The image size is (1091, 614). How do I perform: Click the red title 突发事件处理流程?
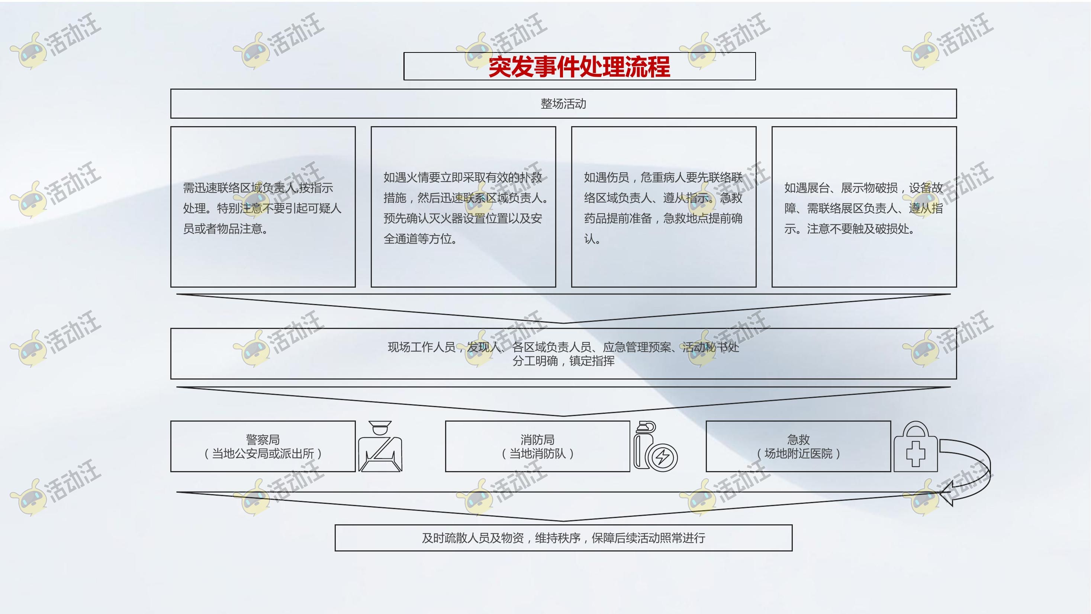click(x=579, y=67)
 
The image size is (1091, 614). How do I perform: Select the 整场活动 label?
click(x=563, y=104)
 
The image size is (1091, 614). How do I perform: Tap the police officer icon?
click(x=380, y=446)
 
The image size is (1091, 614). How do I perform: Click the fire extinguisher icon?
click(x=656, y=446)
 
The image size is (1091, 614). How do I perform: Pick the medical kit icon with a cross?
click(x=915, y=446)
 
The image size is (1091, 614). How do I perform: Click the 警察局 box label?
click(x=263, y=439)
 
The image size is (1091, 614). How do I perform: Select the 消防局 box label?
click(x=537, y=439)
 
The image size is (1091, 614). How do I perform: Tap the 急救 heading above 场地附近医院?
click(x=798, y=439)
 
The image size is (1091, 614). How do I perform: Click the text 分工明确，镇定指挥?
click(x=563, y=361)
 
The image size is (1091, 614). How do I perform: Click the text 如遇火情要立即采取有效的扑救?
click(x=463, y=178)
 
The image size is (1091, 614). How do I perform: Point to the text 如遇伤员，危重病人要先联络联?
click(x=663, y=178)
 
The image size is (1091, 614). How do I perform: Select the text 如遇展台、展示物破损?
click(x=841, y=188)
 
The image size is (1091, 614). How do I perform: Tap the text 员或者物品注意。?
click(x=225, y=229)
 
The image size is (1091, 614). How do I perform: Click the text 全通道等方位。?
click(x=420, y=239)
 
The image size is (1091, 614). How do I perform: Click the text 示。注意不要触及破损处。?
click(x=849, y=229)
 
